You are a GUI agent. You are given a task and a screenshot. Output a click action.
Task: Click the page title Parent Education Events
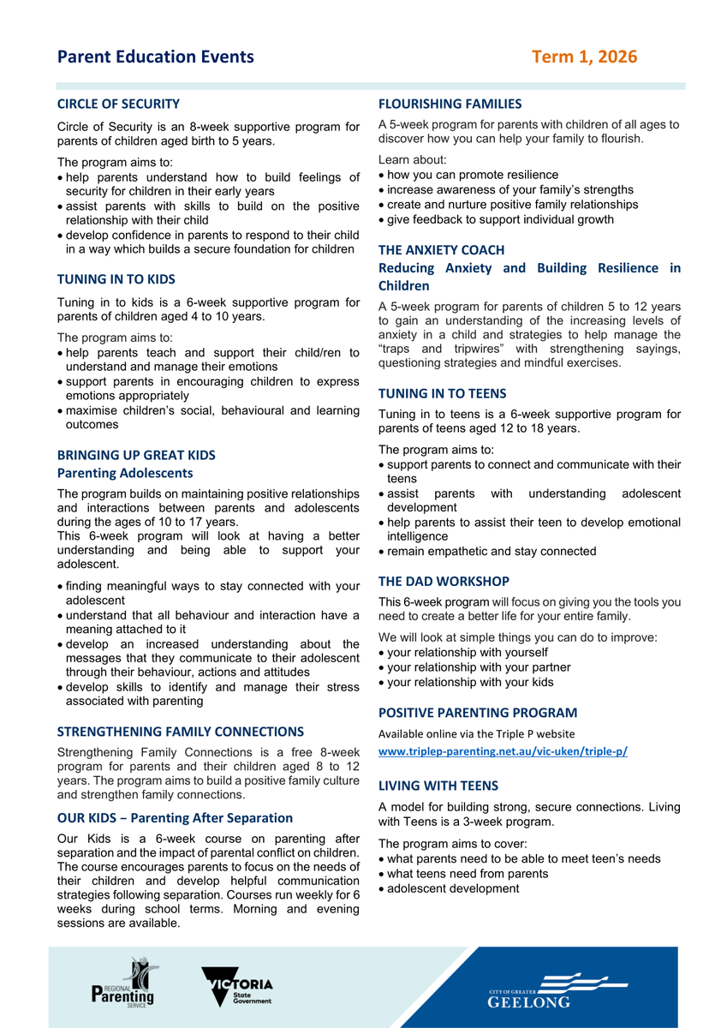(156, 57)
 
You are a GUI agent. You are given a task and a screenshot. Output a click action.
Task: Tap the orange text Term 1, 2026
(584, 57)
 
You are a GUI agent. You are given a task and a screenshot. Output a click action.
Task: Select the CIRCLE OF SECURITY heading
(118, 104)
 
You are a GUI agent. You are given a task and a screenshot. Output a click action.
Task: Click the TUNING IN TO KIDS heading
(116, 278)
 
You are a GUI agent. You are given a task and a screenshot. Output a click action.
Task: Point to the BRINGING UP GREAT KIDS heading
(136, 455)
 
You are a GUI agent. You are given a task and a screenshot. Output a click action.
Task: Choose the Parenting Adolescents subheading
(125, 473)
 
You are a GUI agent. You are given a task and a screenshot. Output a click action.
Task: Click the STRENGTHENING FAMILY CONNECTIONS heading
(181, 732)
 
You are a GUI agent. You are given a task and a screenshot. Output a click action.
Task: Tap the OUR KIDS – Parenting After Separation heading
(175, 818)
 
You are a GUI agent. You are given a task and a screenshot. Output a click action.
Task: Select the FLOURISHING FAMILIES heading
(450, 104)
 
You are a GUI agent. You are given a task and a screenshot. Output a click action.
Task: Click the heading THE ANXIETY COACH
(442, 250)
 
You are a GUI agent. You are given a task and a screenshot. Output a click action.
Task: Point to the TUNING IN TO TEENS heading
(443, 393)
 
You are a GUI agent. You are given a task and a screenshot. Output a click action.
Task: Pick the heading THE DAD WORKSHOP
(444, 581)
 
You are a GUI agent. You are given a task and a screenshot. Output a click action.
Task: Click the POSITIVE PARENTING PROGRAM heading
(478, 712)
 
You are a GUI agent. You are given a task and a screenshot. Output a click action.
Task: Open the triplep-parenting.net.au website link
(503, 751)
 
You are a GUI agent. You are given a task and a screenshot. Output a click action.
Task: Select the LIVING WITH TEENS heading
(438, 786)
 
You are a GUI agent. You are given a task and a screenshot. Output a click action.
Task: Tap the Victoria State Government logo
(237, 986)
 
